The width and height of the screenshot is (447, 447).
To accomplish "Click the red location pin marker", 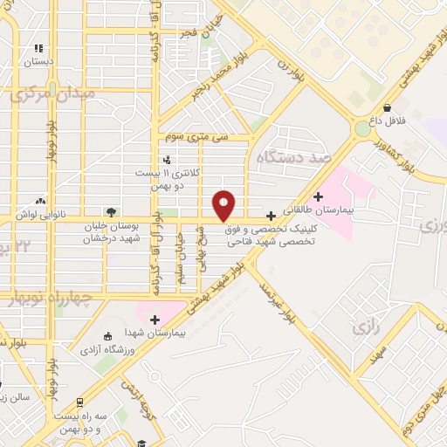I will point(224,205).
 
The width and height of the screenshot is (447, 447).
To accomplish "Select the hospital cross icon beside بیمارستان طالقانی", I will point(319,196).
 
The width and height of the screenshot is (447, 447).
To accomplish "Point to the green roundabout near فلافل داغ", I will point(361,130).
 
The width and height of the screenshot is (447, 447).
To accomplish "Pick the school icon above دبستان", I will point(38,49).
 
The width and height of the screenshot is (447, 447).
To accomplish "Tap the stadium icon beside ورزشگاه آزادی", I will point(107,337).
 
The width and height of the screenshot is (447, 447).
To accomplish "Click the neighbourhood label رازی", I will point(365,329).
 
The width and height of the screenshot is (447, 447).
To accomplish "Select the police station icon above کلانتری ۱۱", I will point(167,160).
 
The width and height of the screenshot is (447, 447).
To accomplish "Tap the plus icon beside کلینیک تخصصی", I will point(272,215).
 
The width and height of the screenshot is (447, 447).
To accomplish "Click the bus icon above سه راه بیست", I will point(80,402).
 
